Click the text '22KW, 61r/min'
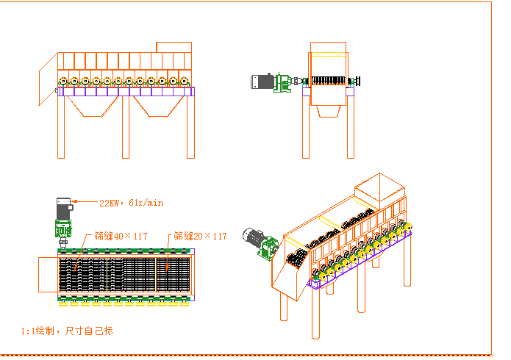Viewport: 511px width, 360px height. coord(131,202)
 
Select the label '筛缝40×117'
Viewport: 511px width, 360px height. coord(121,237)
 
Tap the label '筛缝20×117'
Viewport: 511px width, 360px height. coord(200,237)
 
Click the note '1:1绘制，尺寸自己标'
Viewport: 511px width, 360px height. coord(68,331)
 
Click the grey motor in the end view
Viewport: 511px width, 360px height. coord(262,82)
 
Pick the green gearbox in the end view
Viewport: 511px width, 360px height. coord(281,82)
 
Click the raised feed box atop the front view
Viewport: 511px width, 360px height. coord(174,48)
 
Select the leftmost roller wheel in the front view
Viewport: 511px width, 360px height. coord(64,82)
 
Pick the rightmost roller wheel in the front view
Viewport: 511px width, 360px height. coord(184,82)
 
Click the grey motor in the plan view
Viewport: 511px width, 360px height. coord(64,206)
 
